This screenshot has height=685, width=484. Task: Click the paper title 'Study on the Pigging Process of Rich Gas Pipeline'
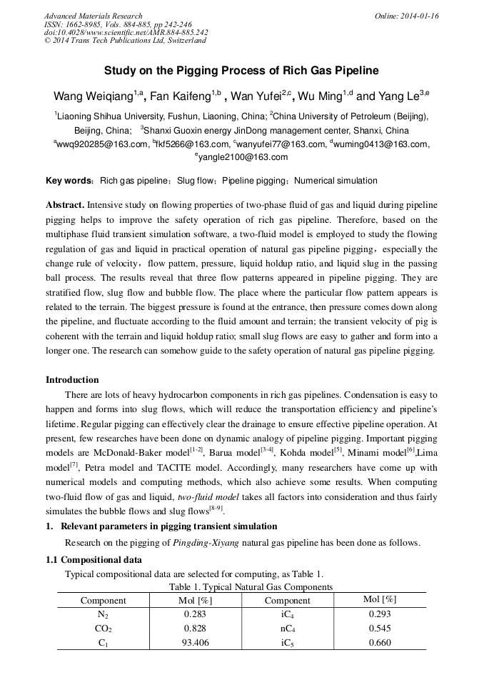(241, 71)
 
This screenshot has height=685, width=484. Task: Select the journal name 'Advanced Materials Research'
(93, 16)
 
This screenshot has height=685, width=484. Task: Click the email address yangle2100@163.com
(241, 157)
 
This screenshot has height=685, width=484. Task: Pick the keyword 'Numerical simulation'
(336, 181)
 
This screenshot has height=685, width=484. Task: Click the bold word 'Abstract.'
(65, 204)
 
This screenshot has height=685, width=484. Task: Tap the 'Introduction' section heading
(72, 379)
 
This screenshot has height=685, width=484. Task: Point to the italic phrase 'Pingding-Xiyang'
(206, 543)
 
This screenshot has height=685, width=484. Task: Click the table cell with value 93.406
(196, 643)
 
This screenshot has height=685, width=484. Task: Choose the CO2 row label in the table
(103, 629)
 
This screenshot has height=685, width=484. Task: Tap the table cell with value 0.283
(196, 614)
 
